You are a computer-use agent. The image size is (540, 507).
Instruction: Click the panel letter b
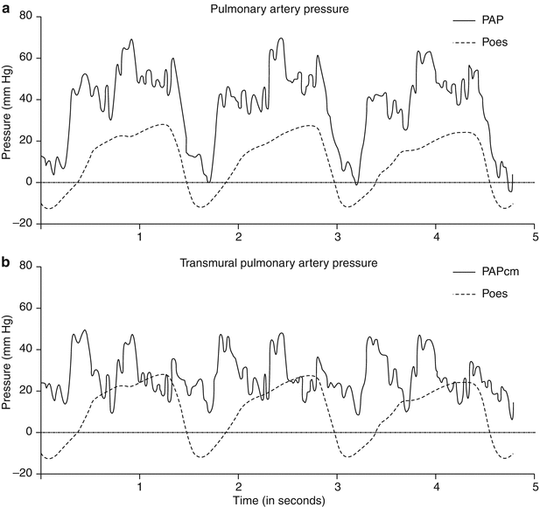click(6, 258)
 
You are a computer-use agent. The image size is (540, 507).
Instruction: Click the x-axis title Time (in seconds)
click(278, 501)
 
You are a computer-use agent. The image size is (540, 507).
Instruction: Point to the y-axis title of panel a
click(8, 120)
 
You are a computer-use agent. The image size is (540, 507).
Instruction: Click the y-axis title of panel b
click(8, 371)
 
